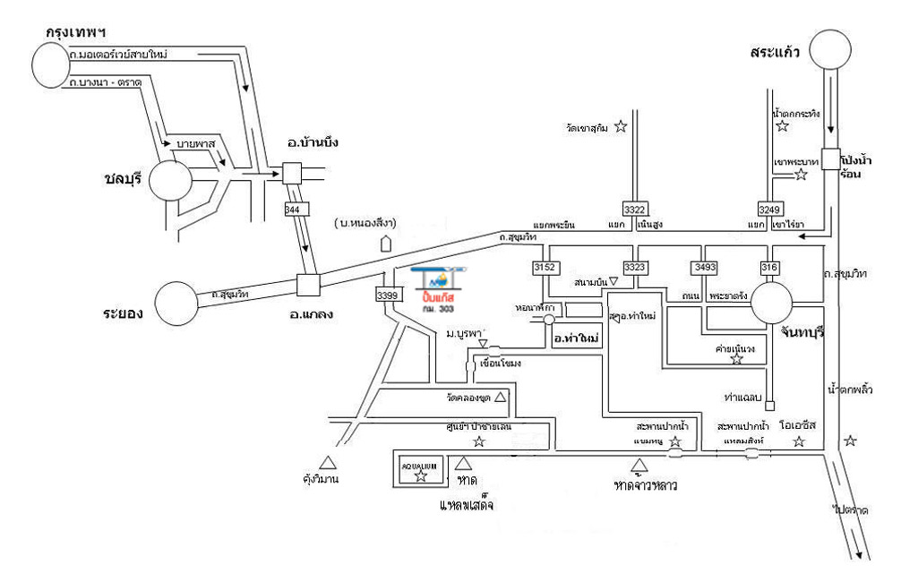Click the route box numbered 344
[x=292, y=209]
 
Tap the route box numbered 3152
[x=544, y=267]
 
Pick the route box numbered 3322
[x=634, y=209]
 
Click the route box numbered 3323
[x=635, y=267]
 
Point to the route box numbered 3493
[x=705, y=267]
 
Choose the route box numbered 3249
[x=770, y=209]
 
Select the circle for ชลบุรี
[x=170, y=183]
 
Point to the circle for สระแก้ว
[x=830, y=52]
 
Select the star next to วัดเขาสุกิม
[x=621, y=127]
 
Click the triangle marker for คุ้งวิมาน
[x=329, y=462]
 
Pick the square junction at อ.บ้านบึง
[x=293, y=173]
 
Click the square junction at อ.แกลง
[x=309, y=286]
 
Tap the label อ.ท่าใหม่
[x=575, y=338]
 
